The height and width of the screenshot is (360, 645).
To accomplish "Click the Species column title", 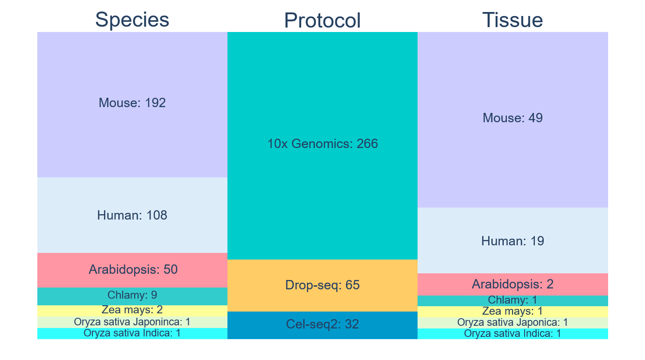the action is [132, 20].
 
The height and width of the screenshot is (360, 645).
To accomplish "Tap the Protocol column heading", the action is [322, 20].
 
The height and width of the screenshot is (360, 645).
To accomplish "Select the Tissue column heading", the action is [513, 20].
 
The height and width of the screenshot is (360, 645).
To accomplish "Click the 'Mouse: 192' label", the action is [132, 103].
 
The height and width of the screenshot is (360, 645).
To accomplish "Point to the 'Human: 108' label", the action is [132, 215].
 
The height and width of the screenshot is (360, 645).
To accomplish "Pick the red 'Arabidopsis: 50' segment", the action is [132, 270].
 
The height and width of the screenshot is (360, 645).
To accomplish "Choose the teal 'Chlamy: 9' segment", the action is [132, 296].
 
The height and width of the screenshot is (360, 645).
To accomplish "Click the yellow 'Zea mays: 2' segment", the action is [132, 311].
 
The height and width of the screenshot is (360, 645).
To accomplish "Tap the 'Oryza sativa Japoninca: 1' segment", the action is [132, 322].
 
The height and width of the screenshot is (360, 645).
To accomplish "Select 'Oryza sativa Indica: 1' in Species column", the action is [132, 333].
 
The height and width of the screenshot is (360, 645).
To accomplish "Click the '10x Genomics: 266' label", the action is [322, 144].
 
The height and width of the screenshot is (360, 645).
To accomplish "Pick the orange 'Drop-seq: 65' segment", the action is [322, 285].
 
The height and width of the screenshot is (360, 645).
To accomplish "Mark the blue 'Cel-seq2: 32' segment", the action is [322, 325].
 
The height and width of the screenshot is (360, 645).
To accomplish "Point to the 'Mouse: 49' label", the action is [513, 118].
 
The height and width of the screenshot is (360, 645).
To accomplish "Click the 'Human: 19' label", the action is [513, 241].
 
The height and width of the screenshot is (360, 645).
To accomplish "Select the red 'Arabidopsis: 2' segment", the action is [513, 284].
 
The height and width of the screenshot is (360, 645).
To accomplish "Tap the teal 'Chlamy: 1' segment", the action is [513, 301].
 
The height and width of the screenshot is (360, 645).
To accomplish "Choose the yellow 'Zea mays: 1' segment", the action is [513, 312].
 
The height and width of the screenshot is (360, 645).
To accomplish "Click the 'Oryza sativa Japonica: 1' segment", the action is [513, 323].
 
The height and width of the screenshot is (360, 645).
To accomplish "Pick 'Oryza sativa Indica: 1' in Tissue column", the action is [513, 333].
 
